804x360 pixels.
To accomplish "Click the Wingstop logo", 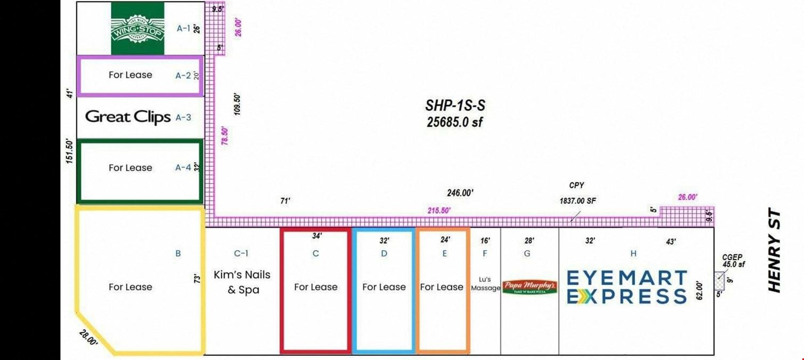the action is tap(138, 28).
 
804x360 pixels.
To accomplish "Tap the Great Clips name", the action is tap(128, 117).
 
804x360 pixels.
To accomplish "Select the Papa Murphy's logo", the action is tap(529, 287).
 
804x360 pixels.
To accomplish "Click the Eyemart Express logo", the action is tap(626, 287).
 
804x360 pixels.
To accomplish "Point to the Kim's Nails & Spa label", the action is tap(242, 282).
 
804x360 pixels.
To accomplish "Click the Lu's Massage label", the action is tap(485, 284).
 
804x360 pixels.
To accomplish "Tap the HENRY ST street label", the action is tap(775, 250).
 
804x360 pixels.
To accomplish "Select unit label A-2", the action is tap(183, 75).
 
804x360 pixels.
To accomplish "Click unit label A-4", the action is tap(183, 167).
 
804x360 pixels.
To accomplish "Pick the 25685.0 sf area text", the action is tap(455, 122).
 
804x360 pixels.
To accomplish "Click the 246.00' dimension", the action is tap(460, 193).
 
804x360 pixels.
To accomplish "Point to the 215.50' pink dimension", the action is tap(439, 210).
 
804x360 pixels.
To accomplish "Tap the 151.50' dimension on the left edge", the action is tap(70, 151).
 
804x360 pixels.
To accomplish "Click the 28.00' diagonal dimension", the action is tap(89, 338).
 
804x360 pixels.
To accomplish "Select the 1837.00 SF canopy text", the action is tap(577, 201).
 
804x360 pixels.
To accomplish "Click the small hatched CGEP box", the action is tap(720, 281).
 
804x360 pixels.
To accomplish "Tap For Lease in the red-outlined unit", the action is tap(316, 287).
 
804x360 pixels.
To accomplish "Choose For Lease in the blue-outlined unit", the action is tap(384, 287).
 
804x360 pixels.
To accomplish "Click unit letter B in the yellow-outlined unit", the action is tap(178, 253).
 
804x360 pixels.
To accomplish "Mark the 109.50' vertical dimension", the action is tap(237, 105).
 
